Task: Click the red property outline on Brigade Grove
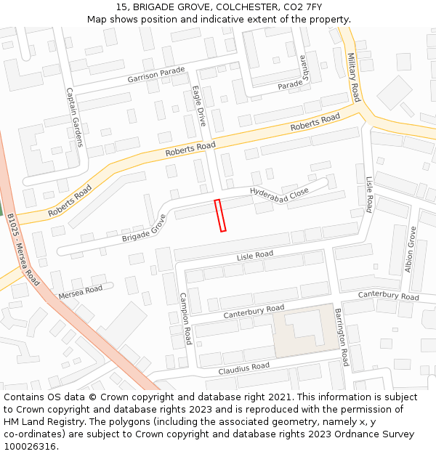[220, 216]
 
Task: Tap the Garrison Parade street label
[156, 75]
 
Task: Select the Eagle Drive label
[199, 105]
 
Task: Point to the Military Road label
[354, 77]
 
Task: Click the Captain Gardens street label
[75, 117]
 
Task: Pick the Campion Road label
[185, 318]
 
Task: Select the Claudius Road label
[243, 368]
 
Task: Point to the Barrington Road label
[341, 336]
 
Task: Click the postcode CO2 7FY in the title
[302, 7]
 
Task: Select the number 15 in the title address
[121, 7]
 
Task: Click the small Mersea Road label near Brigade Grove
[81, 291]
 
